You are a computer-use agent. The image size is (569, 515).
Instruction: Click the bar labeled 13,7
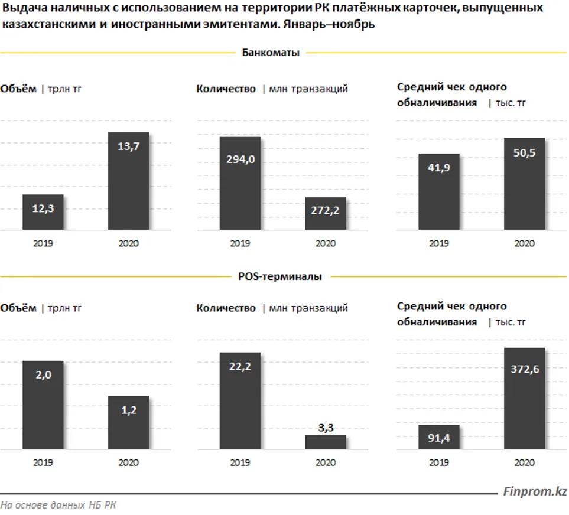(x=128, y=181)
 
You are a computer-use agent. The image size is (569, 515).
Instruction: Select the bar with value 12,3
(x=43, y=212)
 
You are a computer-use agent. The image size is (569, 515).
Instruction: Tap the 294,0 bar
(x=240, y=183)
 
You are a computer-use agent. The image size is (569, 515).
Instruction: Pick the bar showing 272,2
(x=326, y=213)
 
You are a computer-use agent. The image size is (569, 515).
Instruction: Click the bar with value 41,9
(x=438, y=191)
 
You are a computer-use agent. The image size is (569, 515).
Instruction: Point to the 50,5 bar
(x=524, y=184)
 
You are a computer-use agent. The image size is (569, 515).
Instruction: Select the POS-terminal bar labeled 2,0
(x=43, y=405)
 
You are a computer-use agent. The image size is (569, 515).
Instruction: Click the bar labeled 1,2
(x=128, y=422)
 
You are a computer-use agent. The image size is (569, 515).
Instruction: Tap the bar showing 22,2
(x=240, y=400)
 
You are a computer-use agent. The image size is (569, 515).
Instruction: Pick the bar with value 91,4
(x=438, y=437)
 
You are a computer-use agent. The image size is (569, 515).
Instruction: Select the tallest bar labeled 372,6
(x=524, y=398)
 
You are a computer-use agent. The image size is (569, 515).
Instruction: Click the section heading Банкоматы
(x=271, y=53)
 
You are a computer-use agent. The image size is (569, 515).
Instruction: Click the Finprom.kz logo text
(x=535, y=491)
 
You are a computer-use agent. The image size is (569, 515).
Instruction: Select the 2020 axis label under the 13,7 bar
(x=128, y=243)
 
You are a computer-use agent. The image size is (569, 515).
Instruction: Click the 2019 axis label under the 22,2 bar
(x=240, y=462)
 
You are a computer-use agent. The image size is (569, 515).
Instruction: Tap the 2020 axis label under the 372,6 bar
(x=524, y=462)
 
